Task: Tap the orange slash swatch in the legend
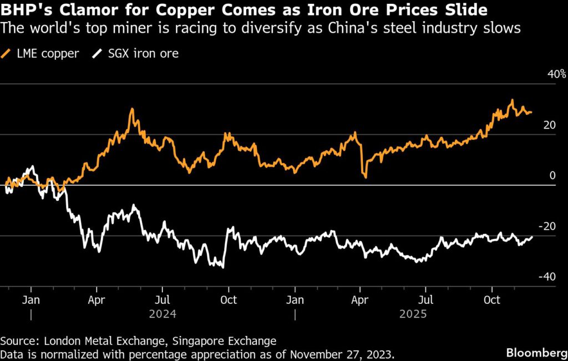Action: [7, 54]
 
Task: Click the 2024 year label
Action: [163, 314]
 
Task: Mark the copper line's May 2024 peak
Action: [131, 109]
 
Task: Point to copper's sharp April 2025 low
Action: [365, 177]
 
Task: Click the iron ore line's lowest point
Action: [223, 268]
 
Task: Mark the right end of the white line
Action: [532, 237]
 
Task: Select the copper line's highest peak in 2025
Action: [513, 100]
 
